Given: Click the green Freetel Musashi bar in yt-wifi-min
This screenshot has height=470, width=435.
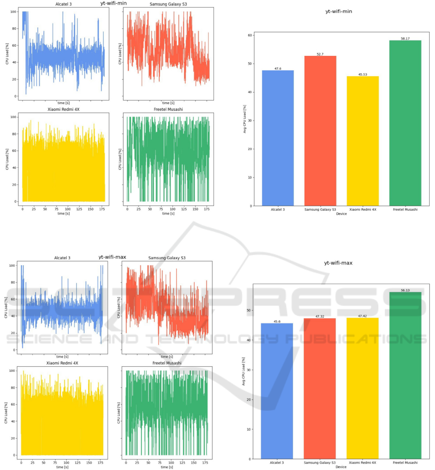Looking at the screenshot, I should (x=405, y=123).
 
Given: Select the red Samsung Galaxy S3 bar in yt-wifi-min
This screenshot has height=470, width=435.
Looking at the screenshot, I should (x=320, y=131).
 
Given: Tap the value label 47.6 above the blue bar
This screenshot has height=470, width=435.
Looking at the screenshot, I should (x=278, y=68).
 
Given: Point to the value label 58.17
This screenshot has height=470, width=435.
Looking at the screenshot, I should (x=405, y=39).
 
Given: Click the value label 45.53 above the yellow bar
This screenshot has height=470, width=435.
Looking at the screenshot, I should (x=363, y=74).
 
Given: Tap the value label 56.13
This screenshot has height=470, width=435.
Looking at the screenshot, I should (x=405, y=290).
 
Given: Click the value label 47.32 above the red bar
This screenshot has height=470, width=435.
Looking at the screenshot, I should (x=320, y=316).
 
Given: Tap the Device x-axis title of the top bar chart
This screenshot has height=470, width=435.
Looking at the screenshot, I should (x=341, y=214).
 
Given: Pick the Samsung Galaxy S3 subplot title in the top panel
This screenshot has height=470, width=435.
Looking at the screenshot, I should (x=166, y=4).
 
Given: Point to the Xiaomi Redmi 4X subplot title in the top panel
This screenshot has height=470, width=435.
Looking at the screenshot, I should (x=64, y=110).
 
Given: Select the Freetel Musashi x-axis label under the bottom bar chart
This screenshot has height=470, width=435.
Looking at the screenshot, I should (x=405, y=463).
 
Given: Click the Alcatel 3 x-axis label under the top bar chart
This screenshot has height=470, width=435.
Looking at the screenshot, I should (x=278, y=210).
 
